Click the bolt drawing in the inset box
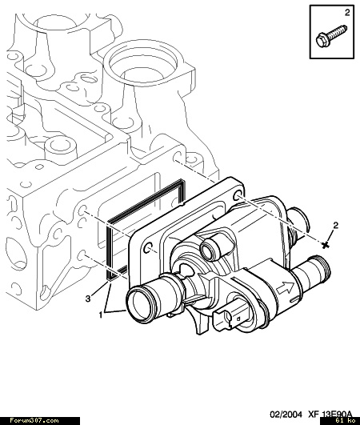tap(331, 37)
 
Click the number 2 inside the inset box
tap(347, 13)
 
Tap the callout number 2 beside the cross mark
tap(336, 225)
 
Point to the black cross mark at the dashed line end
tap(326, 245)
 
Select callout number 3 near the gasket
tap(88, 299)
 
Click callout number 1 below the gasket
tap(101, 315)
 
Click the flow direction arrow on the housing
tap(286, 287)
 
